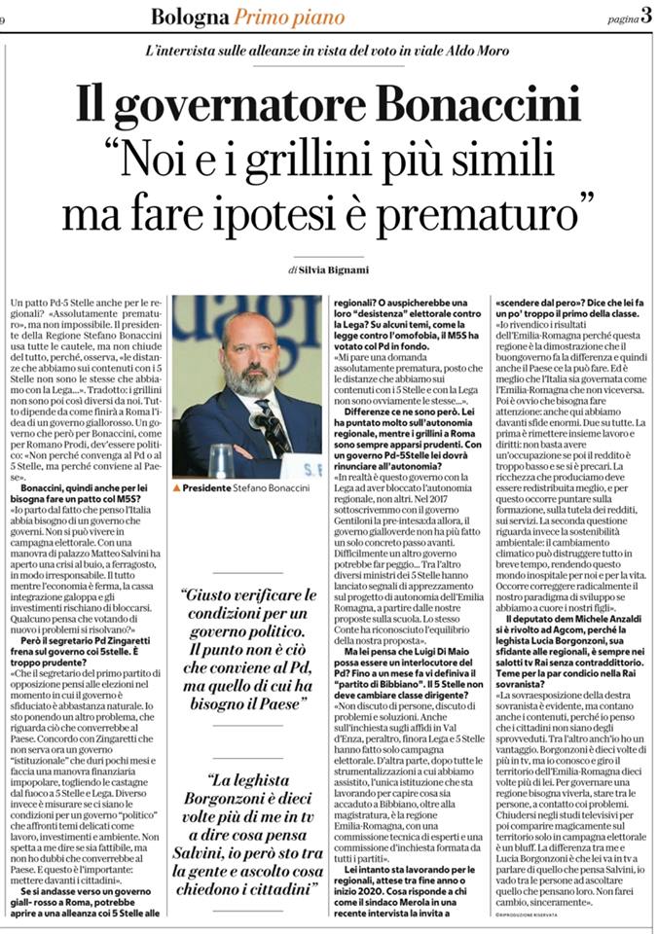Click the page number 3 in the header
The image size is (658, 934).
pyautogui.click(x=645, y=15)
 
